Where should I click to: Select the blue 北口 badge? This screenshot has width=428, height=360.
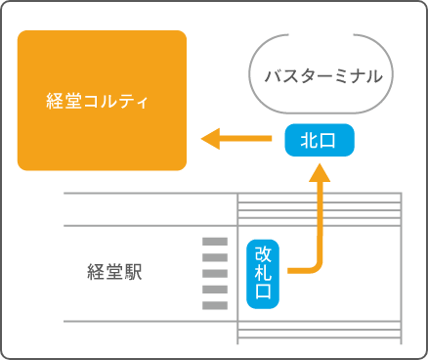319,141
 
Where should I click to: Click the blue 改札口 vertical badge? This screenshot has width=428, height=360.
263,273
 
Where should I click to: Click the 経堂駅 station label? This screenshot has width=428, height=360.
114,272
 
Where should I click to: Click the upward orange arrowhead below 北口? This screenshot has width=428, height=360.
321,173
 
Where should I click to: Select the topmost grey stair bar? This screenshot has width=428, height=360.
213,241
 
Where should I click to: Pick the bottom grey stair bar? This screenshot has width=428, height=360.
213,305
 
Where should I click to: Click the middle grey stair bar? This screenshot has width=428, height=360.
213,273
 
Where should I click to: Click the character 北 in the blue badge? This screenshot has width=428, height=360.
309,141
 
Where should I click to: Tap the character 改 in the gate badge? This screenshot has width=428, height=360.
263,253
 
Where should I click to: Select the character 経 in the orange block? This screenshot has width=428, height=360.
55,101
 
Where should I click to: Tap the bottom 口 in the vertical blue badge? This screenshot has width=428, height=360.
263,292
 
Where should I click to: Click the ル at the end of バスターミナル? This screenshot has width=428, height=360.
374,75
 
